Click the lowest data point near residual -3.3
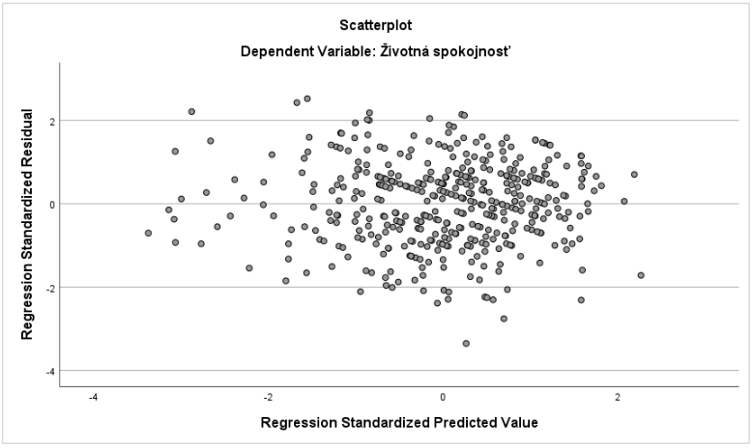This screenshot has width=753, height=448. point(466,343)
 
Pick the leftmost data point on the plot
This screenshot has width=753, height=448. point(148,233)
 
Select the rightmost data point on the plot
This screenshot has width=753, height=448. point(641,275)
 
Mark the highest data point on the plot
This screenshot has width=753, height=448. point(307,98)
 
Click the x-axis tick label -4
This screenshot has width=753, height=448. point(93,398)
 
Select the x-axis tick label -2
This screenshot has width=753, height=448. point(268,398)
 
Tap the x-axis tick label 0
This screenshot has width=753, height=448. point(443,398)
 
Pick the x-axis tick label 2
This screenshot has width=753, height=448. point(618,398)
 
